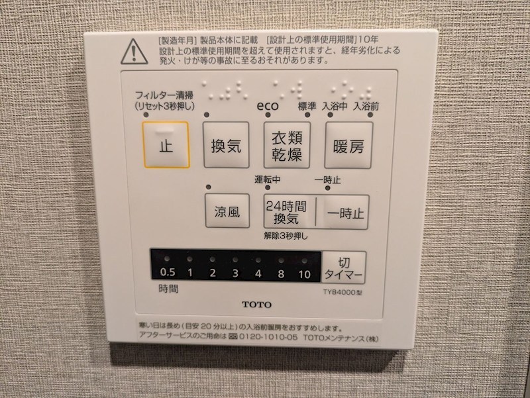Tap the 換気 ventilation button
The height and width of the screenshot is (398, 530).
(x=226, y=145)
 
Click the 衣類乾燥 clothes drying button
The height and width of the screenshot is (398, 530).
(x=286, y=145)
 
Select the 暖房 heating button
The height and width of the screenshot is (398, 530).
(x=347, y=145)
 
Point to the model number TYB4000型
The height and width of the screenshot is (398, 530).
(x=344, y=291)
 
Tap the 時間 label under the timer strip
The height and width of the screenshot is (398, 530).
(x=168, y=289)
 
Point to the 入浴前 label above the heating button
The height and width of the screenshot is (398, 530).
(x=365, y=106)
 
